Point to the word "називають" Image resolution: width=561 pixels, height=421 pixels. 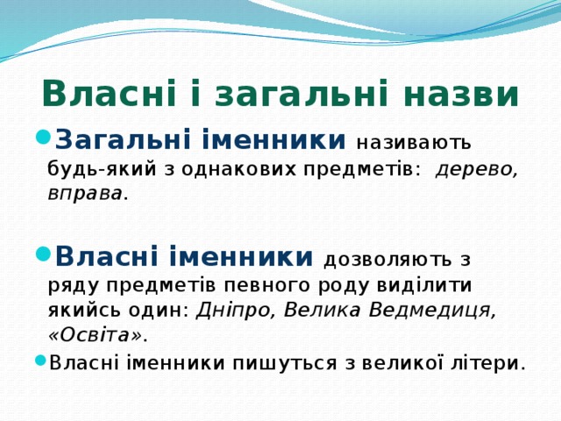click(413, 142)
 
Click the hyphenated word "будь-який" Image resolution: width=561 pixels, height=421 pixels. click(102, 168)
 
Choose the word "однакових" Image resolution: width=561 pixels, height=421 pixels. click(238, 168)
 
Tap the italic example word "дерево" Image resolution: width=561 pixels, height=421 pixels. click(477, 169)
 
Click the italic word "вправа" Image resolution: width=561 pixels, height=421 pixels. click(85, 194)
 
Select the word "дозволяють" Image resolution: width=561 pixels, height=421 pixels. click(387, 260)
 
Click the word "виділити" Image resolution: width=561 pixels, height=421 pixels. click(424, 284)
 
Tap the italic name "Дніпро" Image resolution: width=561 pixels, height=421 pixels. click(235, 310)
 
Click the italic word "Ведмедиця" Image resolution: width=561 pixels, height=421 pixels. click(432, 310)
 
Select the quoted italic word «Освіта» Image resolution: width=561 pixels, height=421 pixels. click(96, 335)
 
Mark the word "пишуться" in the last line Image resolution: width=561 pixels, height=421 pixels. click(285, 363)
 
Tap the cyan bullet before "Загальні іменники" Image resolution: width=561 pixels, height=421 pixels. click(43, 137)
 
